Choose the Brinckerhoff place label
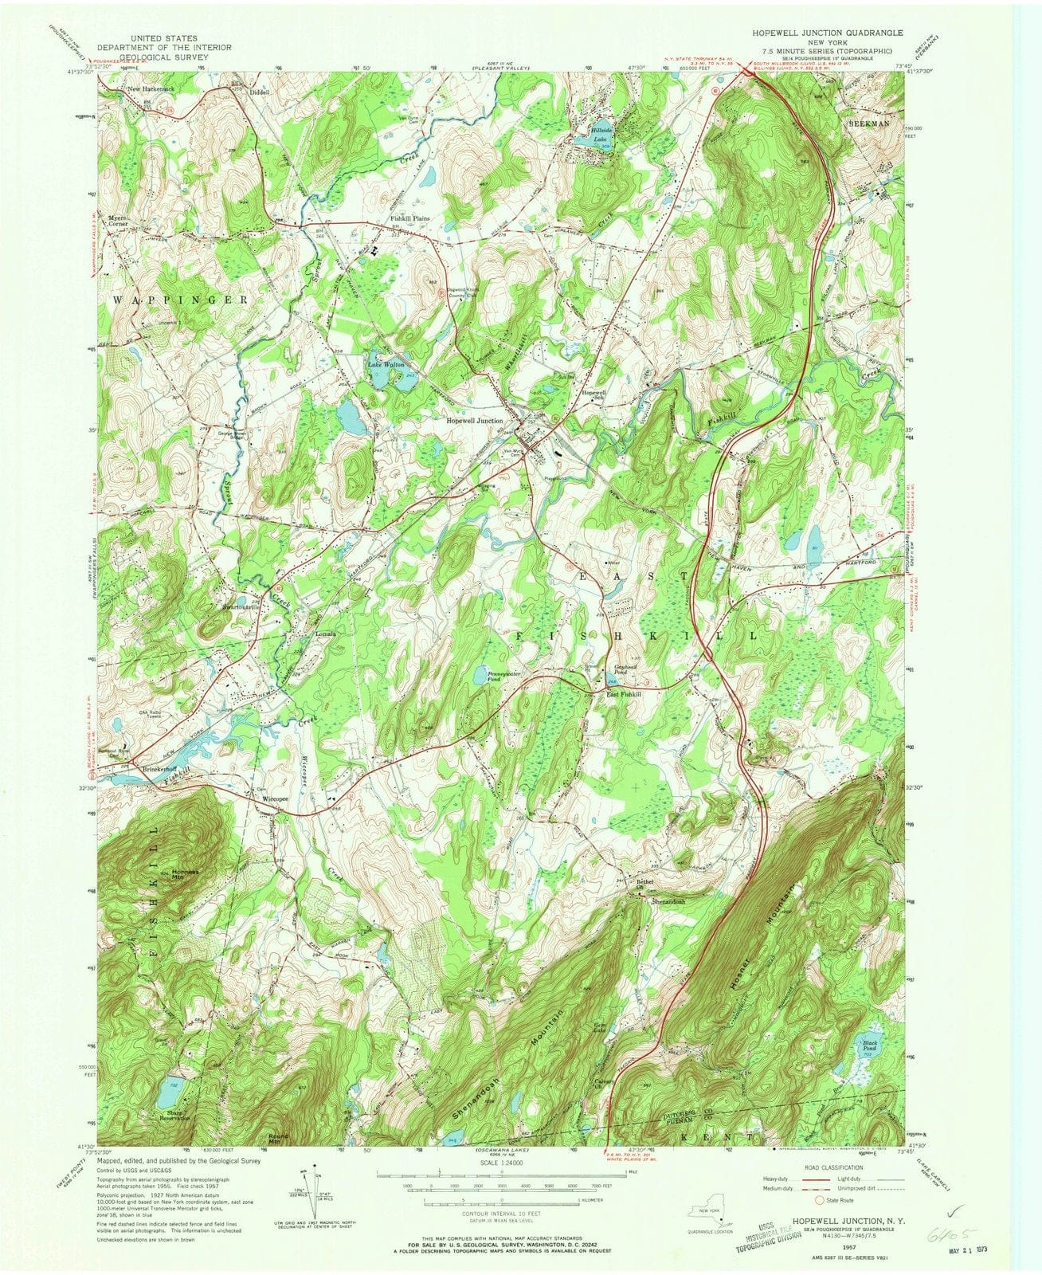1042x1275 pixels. click(165, 770)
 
